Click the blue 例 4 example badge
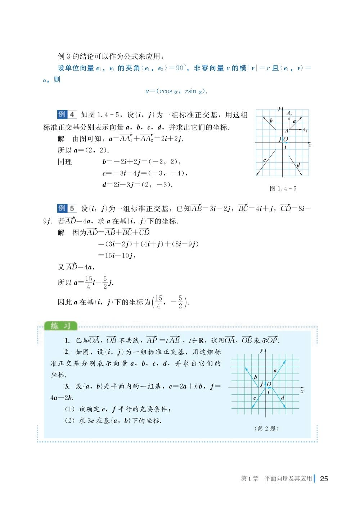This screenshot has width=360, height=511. [67, 114]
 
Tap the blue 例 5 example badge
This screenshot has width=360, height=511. [67, 208]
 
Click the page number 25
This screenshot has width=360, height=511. [324, 478]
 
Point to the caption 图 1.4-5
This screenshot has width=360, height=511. [283, 189]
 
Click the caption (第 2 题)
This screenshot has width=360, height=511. [266, 429]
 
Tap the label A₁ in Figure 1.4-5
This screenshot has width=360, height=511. [305, 130]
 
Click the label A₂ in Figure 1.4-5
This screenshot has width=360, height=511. [289, 114]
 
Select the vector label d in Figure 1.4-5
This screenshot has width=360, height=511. [298, 165]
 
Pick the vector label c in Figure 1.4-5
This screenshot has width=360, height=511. [265, 160]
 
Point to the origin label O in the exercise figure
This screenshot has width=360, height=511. [269, 384]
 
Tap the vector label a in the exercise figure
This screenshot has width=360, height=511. [275, 370]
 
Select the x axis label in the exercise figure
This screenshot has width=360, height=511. [302, 391]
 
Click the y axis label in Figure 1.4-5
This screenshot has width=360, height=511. [279, 108]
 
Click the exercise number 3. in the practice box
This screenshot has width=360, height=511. [67, 386]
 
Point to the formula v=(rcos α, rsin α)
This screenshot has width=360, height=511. [176, 91]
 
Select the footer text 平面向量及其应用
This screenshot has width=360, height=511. [288, 478]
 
